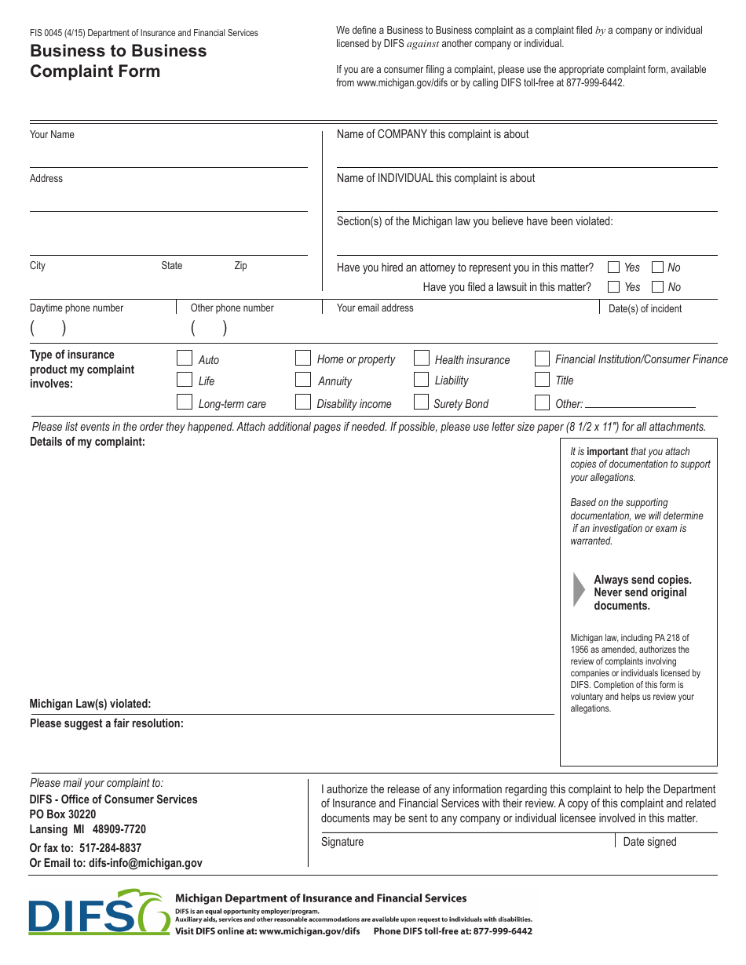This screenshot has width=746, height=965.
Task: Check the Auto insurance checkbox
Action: [185, 359]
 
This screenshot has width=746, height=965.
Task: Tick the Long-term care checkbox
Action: [185, 402]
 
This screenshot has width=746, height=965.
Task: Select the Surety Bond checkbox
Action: [422, 402]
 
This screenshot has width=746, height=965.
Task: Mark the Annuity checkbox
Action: [303, 380]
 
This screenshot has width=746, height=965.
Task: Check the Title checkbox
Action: [542, 380]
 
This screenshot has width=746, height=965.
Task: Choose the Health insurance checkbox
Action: [422, 359]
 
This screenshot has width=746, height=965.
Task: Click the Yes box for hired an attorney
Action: [614, 267]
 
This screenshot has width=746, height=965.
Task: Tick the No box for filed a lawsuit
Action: [658, 287]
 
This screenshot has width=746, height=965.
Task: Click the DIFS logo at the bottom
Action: [98, 912]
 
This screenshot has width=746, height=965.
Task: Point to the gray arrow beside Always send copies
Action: [579, 590]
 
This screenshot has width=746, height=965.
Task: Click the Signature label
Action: [342, 842]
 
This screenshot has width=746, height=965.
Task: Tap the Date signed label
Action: [649, 842]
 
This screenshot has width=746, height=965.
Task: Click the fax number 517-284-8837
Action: [110, 848]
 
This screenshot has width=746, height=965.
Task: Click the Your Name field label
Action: [52, 135]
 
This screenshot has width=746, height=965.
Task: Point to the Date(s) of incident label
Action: [645, 308]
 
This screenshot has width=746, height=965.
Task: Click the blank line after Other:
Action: [640, 404]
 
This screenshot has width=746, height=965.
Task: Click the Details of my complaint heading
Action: [87, 442]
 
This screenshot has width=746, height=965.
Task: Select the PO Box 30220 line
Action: [63, 814]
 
